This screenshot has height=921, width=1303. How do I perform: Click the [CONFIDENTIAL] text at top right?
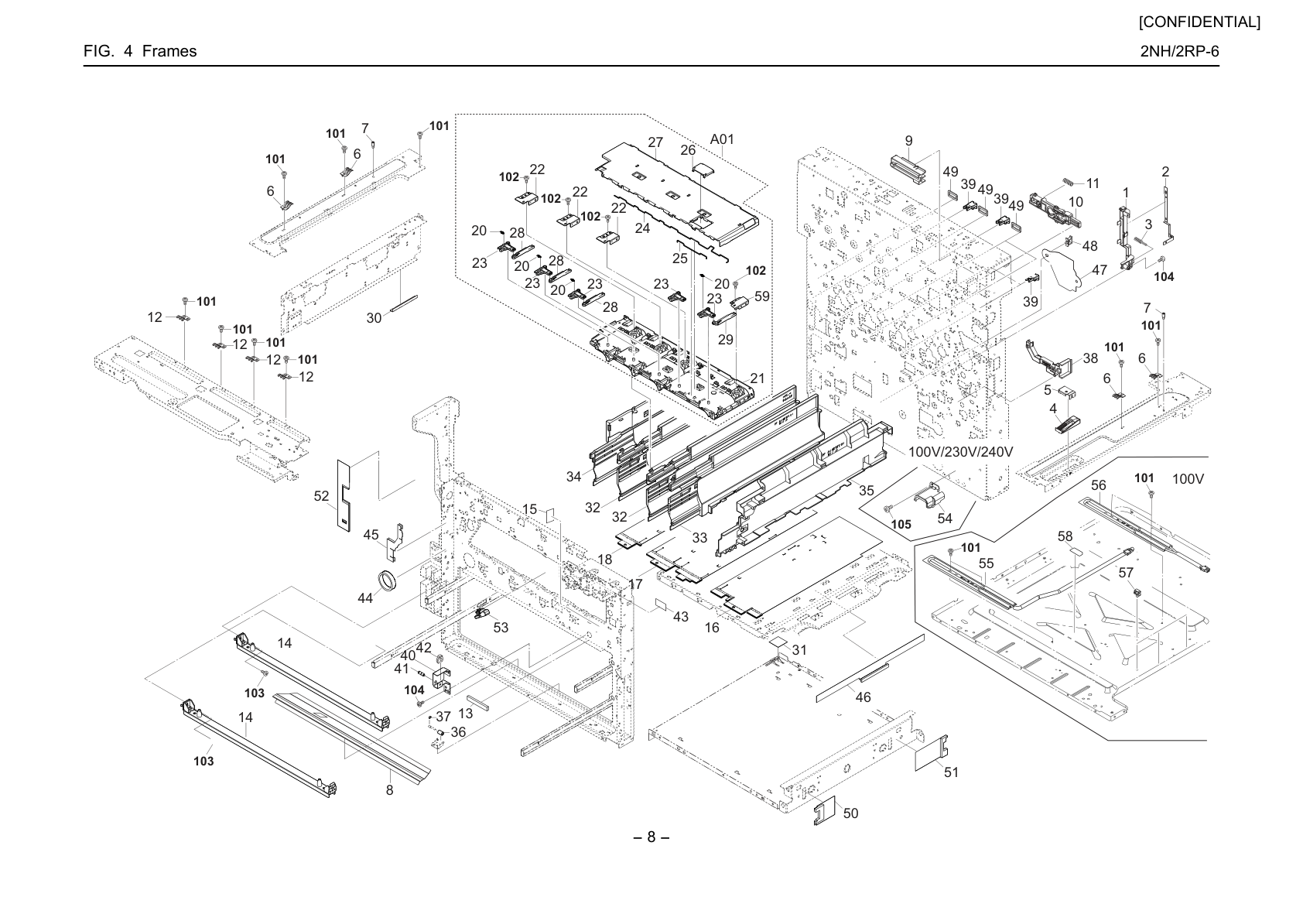pyautogui.click(x=1199, y=22)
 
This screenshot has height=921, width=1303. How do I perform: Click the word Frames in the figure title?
pyautogui.click(x=169, y=51)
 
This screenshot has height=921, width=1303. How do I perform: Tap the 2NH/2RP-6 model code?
pyautogui.click(x=1180, y=51)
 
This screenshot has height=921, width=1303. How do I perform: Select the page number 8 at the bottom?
pyautogui.click(x=651, y=837)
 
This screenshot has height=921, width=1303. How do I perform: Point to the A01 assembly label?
pyautogui.click(x=722, y=139)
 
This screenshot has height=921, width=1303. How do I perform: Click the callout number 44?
pyautogui.click(x=364, y=597)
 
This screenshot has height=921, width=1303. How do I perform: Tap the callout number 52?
pyautogui.click(x=321, y=495)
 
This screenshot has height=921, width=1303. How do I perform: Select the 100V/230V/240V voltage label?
pyautogui.click(x=961, y=451)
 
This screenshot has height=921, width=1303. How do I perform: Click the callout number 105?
pyautogui.click(x=901, y=524)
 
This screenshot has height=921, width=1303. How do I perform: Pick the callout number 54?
pyautogui.click(x=945, y=518)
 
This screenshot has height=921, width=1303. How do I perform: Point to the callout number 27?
pyautogui.click(x=655, y=142)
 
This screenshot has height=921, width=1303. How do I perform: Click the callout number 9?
pyautogui.click(x=908, y=141)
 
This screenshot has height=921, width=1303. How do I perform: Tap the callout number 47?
pyautogui.click(x=1099, y=270)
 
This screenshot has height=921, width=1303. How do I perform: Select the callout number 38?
pyautogui.click(x=1090, y=358)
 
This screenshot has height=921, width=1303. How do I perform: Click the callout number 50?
pyautogui.click(x=850, y=813)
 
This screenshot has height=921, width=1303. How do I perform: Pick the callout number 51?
pyautogui.click(x=950, y=772)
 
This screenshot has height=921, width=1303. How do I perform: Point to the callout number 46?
pyautogui.click(x=863, y=697)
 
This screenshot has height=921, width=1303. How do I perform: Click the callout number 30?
pyautogui.click(x=374, y=317)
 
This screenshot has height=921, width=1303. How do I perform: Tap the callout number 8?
pyautogui.click(x=389, y=790)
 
